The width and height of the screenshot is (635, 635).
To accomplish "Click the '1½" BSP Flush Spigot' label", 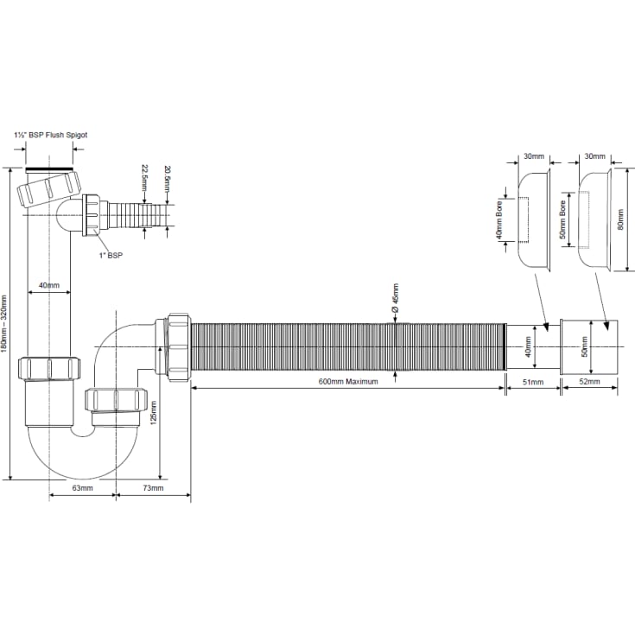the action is coord(51,135).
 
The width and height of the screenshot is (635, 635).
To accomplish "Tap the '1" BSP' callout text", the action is coord(111,255).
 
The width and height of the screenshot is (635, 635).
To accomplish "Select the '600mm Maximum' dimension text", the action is coord(348,382).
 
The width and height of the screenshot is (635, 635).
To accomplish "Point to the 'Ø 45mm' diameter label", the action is coord(396,298).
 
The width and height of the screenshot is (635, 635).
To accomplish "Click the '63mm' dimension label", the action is coord(83,488).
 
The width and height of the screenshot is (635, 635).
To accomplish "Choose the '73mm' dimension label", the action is coord(153,488).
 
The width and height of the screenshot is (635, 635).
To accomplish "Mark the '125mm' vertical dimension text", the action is coord(154,413).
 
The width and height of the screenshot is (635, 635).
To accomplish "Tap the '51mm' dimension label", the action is coord(533,382).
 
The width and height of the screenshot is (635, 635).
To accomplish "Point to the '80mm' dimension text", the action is coord(620,220).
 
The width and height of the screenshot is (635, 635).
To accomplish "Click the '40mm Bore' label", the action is coord(499,220).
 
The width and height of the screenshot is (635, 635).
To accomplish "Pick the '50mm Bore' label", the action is coord(562,219).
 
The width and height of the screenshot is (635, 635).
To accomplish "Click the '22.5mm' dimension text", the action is coord(145,178).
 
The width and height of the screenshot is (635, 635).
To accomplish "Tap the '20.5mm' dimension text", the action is coord(167,178).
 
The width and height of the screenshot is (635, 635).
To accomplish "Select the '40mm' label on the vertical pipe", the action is coord(49,285).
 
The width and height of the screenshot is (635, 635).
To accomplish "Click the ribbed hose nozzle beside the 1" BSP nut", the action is coord(137,215).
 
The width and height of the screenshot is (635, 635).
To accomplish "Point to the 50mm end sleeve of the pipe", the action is coord(589,347).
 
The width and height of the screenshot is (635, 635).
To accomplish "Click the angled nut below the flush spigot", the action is coord(49,189).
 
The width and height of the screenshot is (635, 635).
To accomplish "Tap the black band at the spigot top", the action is coord(49,168).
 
